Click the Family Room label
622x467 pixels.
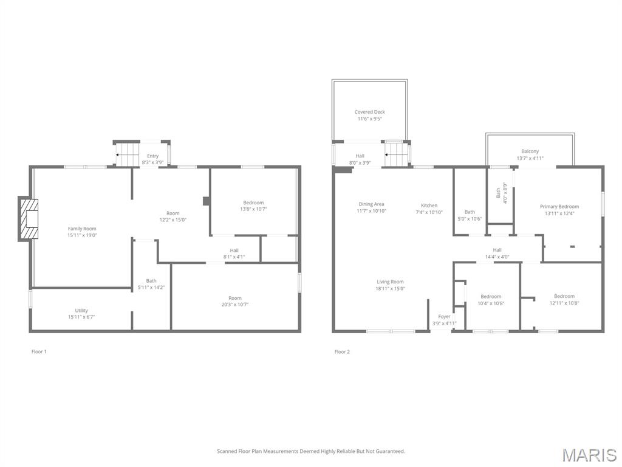click(82, 229)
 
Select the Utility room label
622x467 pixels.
click(81, 311)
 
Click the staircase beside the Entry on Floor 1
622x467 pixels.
click(128, 154)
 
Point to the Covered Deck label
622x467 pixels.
click(369, 112)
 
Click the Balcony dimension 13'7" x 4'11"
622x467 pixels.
click(530, 158)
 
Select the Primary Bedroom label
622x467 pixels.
click(559, 207)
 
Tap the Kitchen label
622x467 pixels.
click(429, 206)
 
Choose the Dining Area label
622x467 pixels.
click(371, 204)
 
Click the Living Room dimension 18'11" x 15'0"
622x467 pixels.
click(389, 288)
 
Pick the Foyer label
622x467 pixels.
click(444, 317)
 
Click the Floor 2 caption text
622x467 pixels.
click(342, 351)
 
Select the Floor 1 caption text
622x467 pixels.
click(39, 351)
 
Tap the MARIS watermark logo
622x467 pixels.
click(589, 454)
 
